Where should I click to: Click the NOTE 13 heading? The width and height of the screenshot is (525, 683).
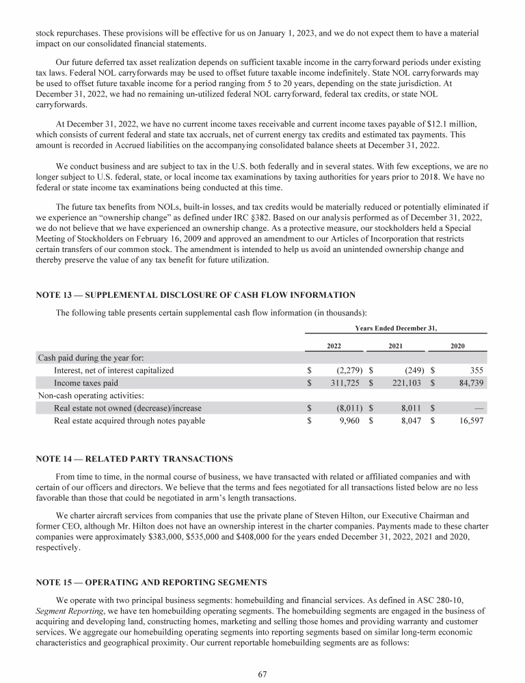[196, 295]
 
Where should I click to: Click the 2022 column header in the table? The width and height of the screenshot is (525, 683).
[334, 346]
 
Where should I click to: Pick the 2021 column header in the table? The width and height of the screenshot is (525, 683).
[395, 346]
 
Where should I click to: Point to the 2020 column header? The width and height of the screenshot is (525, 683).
[458, 346]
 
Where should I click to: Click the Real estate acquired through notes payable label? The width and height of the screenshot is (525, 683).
[129, 421]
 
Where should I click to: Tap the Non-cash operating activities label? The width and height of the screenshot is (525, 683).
[85, 395]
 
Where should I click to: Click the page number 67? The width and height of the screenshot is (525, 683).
[262, 673]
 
